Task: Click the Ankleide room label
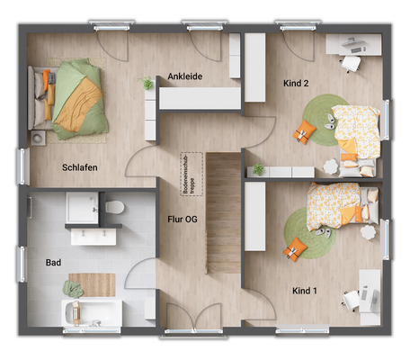tap(186, 77)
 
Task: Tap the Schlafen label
tap(80, 167)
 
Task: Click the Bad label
tap(53, 263)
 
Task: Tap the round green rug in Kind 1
tap(305, 232)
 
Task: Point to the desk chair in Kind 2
tap(350, 62)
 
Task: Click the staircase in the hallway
tap(224, 212)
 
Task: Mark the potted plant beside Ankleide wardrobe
tap(148, 84)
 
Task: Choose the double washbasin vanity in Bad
tap(95, 235)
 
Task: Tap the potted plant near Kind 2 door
tap(259, 169)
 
